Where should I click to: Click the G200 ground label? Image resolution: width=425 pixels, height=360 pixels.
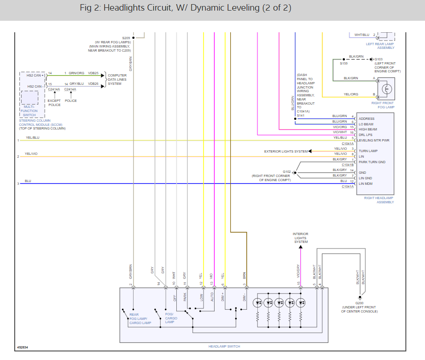[x=359, y=303]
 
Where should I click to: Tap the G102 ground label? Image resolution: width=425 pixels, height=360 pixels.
[x=287, y=172]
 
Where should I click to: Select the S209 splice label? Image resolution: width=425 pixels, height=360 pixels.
[x=126, y=38]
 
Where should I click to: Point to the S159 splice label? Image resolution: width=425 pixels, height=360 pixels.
[x=343, y=64]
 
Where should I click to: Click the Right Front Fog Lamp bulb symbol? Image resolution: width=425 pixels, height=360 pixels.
[x=387, y=89]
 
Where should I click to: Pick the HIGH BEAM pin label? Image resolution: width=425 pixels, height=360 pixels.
[x=368, y=130]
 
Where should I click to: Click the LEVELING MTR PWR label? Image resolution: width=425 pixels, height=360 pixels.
[x=373, y=141]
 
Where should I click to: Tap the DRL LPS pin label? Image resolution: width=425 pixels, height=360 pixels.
[x=365, y=135]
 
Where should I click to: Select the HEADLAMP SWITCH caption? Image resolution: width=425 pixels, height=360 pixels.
[x=224, y=347]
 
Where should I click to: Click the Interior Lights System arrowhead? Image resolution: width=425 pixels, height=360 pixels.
[x=301, y=247]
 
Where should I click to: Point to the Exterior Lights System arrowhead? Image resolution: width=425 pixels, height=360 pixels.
[x=310, y=151]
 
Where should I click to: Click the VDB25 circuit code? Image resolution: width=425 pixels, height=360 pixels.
[x=93, y=73]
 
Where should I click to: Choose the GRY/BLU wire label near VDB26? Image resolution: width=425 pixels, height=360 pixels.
[x=77, y=84]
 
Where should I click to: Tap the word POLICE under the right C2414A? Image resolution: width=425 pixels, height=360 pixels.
[x=71, y=100]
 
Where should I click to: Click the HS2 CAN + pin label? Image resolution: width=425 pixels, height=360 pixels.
[x=35, y=76]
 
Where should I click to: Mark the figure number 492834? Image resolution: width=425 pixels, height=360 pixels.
[x=23, y=347]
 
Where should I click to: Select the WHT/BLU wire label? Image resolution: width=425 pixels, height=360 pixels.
[x=362, y=35]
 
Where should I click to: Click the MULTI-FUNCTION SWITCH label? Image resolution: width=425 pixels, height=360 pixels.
[x=29, y=111]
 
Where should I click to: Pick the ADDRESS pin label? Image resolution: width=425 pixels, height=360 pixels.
[x=367, y=119]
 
